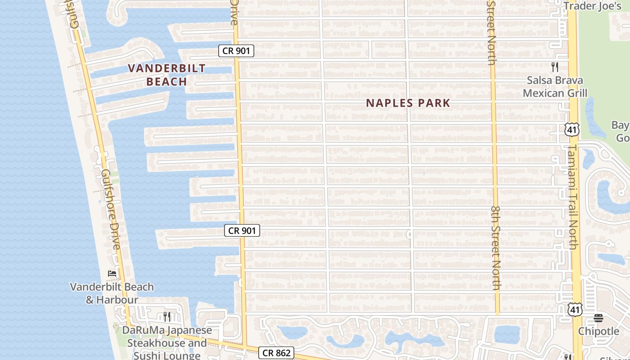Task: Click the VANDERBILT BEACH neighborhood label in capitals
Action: coord(166,75)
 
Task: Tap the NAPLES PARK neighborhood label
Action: coord(408,103)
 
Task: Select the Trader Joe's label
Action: coord(592,6)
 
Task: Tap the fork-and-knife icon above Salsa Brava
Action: coord(555,67)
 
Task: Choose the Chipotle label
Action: coord(598,331)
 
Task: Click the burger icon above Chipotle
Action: coord(598,318)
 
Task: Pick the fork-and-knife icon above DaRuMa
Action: coord(166,316)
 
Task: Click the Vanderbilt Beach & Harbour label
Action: coord(112,293)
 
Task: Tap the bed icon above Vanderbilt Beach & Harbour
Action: coord(112,273)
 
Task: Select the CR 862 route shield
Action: coord(276,353)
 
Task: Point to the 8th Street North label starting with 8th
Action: coord(495,248)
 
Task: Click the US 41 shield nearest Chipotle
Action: coord(575,309)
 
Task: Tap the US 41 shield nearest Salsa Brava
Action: coord(571,130)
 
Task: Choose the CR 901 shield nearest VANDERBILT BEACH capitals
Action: coord(236,50)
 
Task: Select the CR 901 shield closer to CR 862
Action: coord(242,230)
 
